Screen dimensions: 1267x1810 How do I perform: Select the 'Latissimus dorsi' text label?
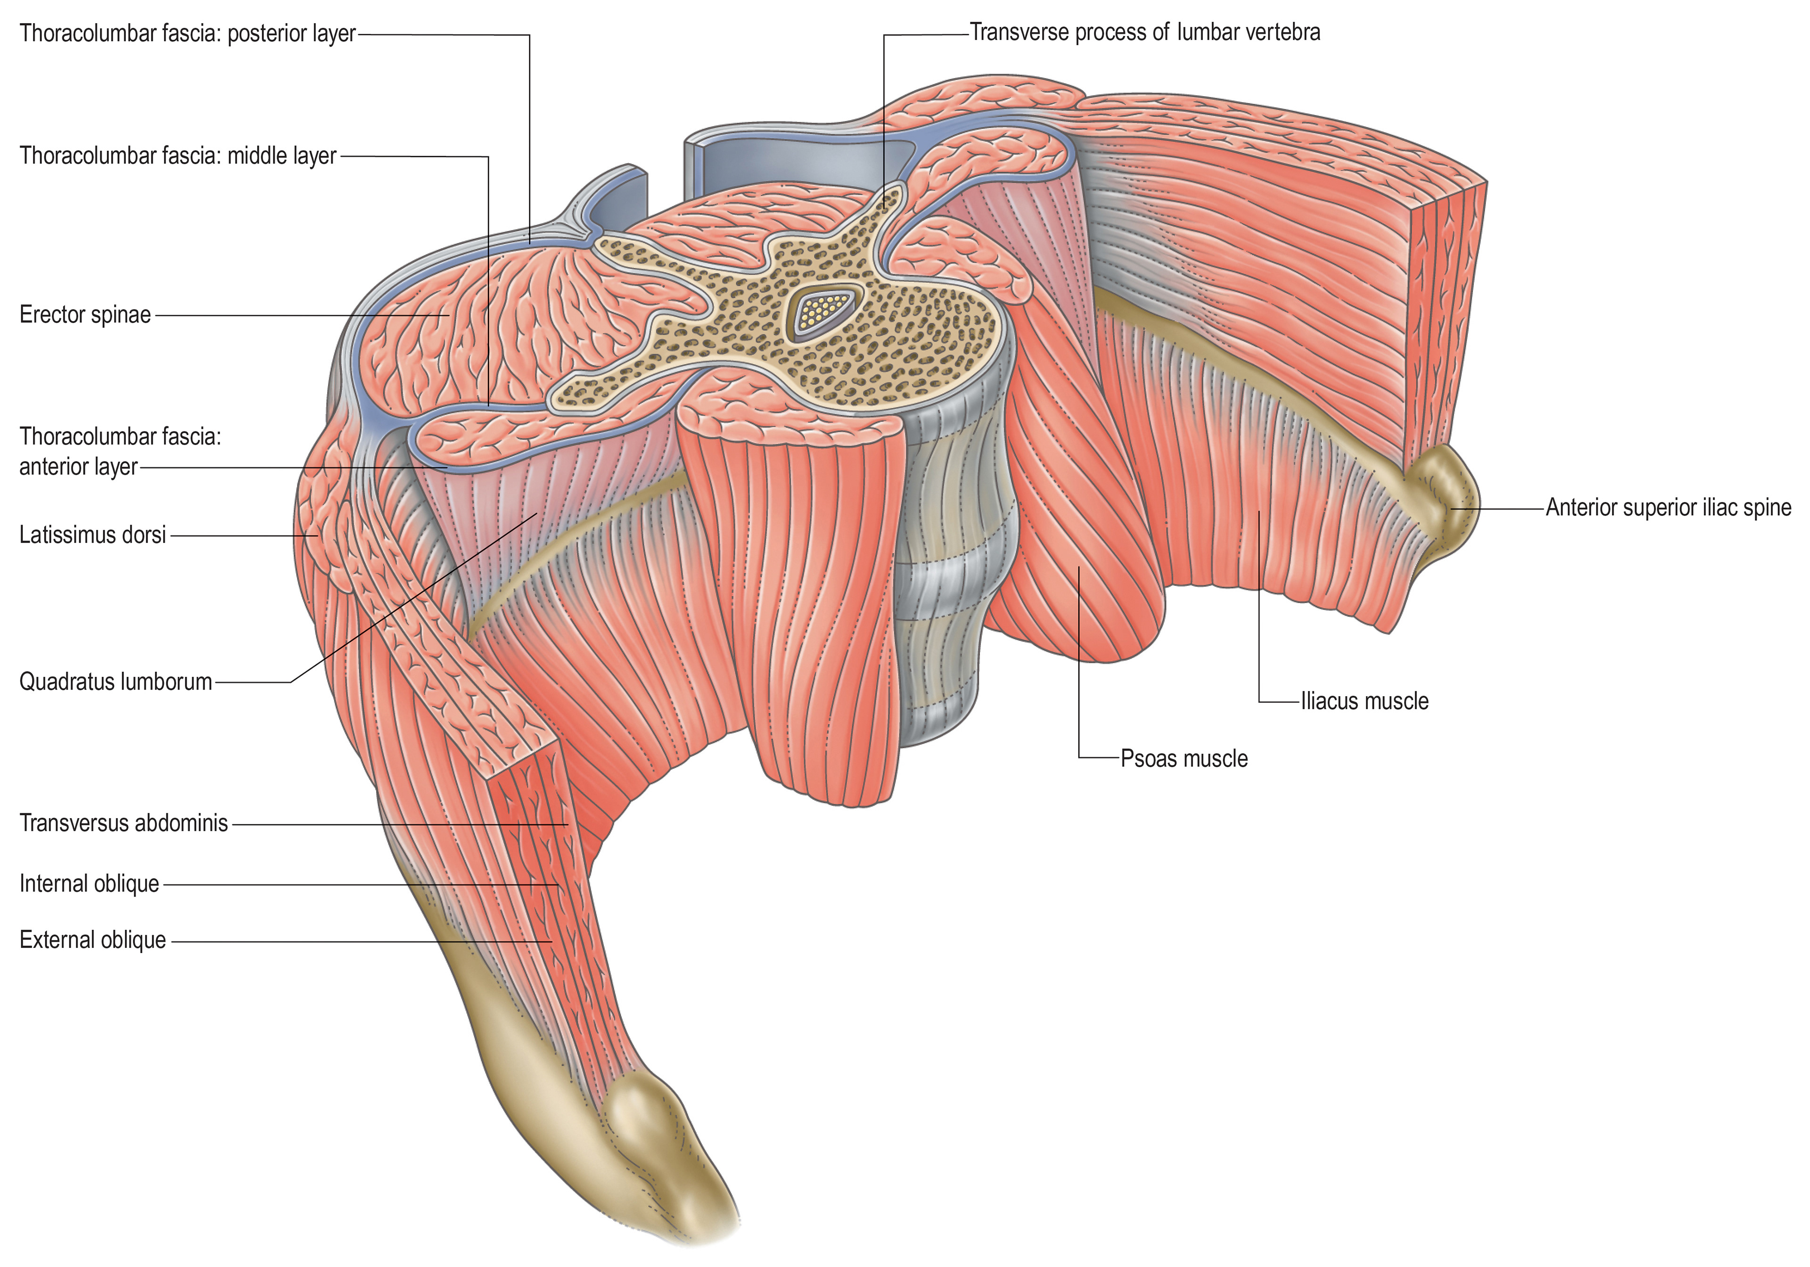[x=92, y=535]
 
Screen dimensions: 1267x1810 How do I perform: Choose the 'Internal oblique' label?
[x=89, y=884]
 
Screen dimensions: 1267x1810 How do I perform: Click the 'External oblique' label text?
[x=92, y=940]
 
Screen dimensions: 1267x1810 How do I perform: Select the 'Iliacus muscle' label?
[x=1365, y=701]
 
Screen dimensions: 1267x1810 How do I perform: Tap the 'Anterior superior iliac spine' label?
[x=1668, y=507]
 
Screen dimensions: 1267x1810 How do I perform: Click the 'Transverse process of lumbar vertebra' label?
[x=1144, y=33]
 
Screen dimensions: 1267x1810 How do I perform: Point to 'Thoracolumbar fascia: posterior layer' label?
[x=188, y=34]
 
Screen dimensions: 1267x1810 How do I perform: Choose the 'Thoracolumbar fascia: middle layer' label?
[x=178, y=156]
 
